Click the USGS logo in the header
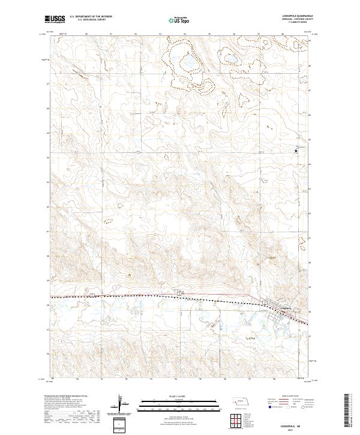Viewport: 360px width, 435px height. [x=55, y=19]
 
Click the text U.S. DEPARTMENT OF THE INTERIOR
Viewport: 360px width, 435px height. [x=91, y=16]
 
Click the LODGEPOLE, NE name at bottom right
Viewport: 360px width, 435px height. [x=292, y=423]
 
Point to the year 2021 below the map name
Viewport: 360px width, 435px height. [x=292, y=429]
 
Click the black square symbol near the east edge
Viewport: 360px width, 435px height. [x=295, y=151]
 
